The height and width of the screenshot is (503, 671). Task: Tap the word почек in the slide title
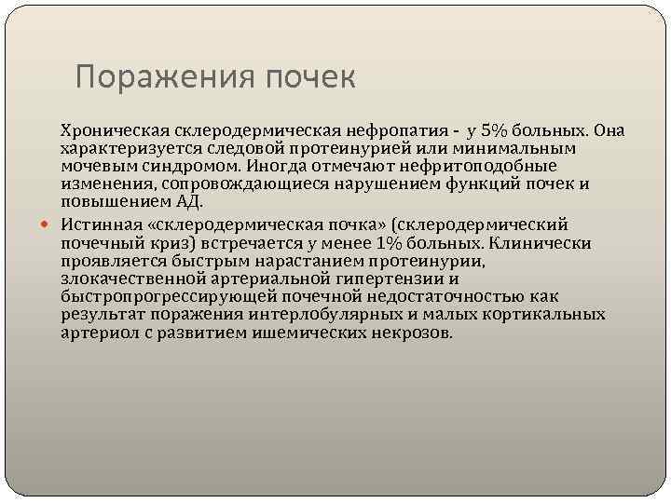[x=309, y=77]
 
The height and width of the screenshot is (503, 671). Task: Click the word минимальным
[x=519, y=148]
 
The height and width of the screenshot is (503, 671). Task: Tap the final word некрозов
[x=415, y=333]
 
